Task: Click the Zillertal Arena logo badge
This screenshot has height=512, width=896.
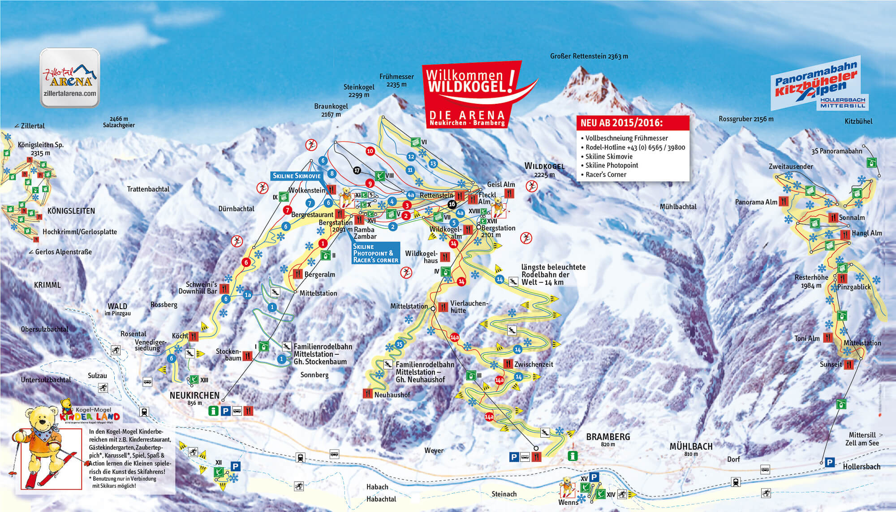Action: coord(70,78)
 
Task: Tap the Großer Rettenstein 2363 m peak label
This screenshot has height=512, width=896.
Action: coord(589,56)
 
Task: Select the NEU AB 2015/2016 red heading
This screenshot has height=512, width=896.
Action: coord(621,123)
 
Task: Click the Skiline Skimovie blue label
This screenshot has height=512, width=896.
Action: coord(297,176)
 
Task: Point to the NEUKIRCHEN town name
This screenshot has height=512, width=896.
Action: coord(194,396)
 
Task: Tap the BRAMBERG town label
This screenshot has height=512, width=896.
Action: coord(608,437)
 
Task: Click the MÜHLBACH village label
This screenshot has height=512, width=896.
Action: coord(691,447)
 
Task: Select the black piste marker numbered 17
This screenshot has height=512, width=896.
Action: coord(357,170)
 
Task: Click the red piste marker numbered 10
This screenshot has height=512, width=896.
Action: coord(370,151)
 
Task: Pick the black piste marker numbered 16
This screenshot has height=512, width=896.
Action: coord(452,204)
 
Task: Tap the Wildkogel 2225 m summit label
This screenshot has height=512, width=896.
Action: coord(544,169)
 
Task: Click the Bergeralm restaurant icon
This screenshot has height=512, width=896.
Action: coord(297,274)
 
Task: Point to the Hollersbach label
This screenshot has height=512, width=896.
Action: coord(861,467)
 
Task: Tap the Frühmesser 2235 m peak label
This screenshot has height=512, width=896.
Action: coord(396,80)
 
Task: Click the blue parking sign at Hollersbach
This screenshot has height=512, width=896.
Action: coord(830,462)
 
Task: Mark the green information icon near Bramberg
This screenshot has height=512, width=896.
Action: coord(573,456)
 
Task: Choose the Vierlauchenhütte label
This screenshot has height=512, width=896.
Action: coord(469,307)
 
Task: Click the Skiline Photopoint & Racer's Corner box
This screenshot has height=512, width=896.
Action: coord(375,253)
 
